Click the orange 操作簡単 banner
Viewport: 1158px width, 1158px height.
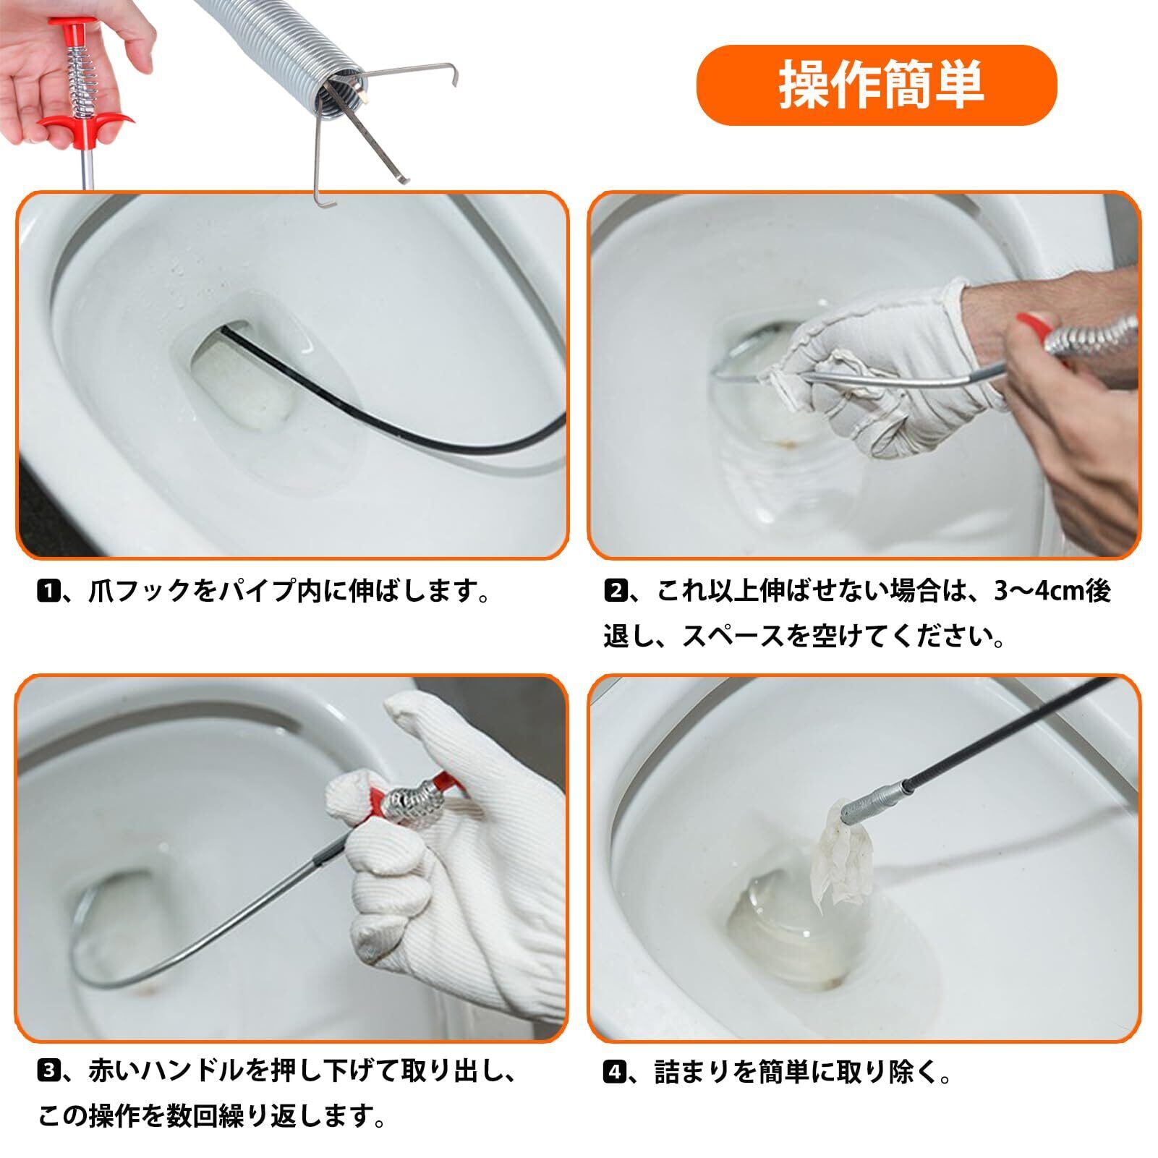click(x=876, y=85)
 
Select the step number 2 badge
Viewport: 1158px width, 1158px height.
click(x=613, y=592)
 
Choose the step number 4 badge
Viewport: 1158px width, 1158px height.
click(x=613, y=1073)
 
